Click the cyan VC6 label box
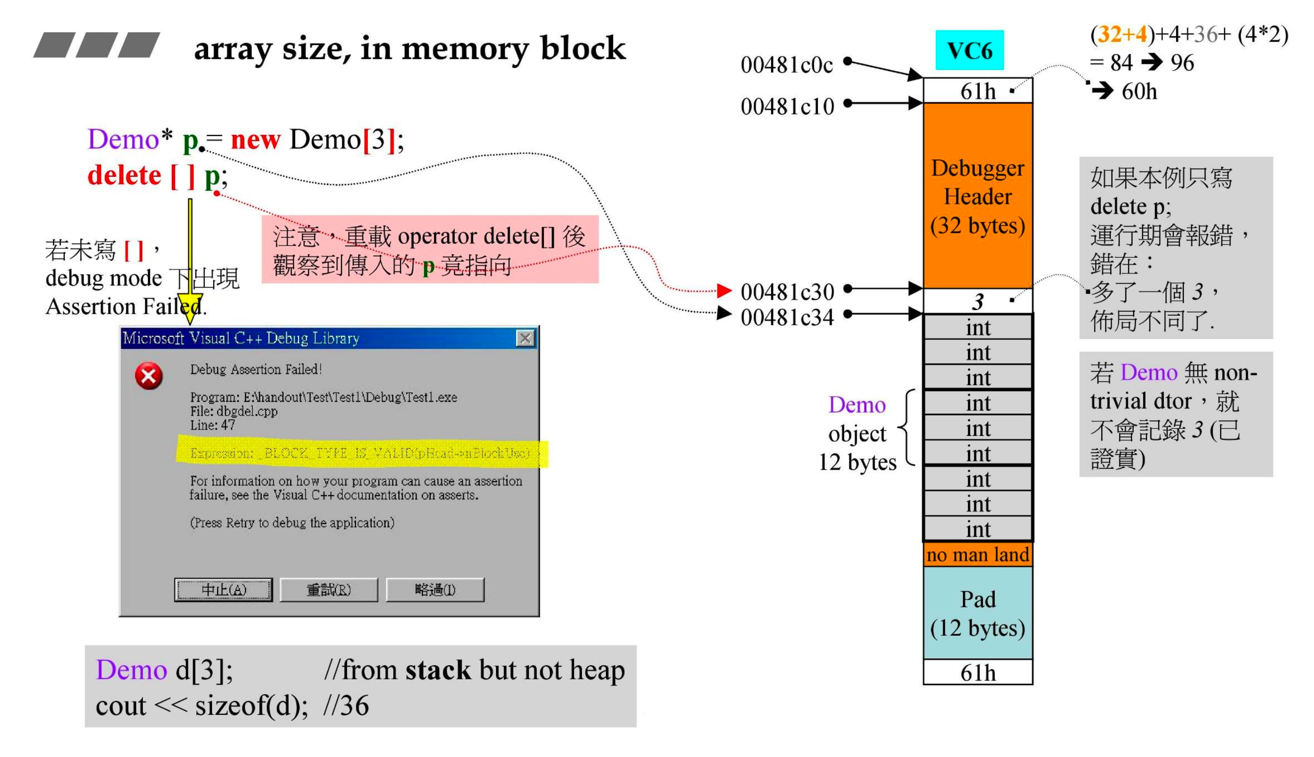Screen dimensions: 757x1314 (969, 50)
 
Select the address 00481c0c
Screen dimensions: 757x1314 (786, 65)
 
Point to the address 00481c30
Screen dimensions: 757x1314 (787, 292)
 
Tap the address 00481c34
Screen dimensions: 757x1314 (787, 317)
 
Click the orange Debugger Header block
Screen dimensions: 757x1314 (977, 195)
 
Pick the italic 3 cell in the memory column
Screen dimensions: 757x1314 (977, 301)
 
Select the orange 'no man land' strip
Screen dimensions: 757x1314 (977, 554)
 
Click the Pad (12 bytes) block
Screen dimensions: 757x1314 (977, 613)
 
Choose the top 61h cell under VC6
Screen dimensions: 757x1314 (977, 91)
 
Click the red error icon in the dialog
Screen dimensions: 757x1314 (149, 376)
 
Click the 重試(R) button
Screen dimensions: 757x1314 (328, 590)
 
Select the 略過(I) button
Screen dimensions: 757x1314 (435, 590)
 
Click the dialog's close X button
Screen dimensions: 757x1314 (525, 338)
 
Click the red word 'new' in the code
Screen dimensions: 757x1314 (255, 139)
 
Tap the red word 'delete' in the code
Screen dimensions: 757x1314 (124, 175)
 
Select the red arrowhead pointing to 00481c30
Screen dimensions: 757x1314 (724, 291)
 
